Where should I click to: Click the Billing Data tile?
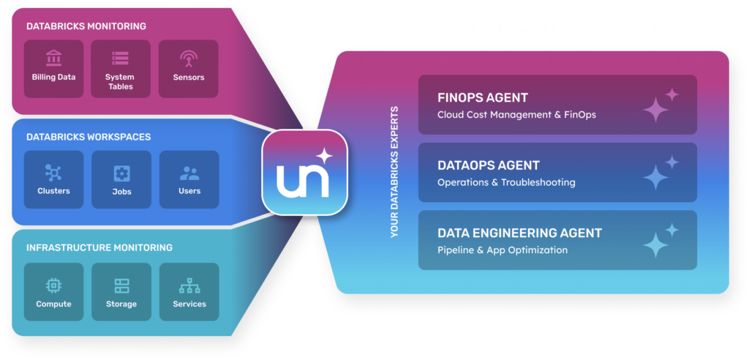pyautogui.click(x=53, y=69)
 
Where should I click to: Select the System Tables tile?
pyautogui.click(x=121, y=69)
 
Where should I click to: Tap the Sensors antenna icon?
pyautogui.click(x=189, y=59)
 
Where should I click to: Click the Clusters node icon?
pyautogui.click(x=53, y=173)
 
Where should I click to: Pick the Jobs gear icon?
pyautogui.click(x=122, y=173)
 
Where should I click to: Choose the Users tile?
pyautogui.click(x=189, y=180)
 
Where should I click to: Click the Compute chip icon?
pyautogui.click(x=53, y=285)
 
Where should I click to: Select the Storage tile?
pyautogui.click(x=121, y=292)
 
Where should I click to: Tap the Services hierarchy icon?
pyautogui.click(x=189, y=285)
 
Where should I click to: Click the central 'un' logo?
pyautogui.click(x=305, y=172)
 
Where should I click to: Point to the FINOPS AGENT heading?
pyautogui.click(x=483, y=98)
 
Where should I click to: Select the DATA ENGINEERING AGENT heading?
pyautogui.click(x=520, y=233)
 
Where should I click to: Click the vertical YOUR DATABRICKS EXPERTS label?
pyautogui.click(x=394, y=172)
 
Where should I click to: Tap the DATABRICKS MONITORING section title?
pyautogui.click(x=86, y=26)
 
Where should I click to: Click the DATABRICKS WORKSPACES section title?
pyautogui.click(x=89, y=138)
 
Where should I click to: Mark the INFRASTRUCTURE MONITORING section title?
pyautogui.click(x=99, y=247)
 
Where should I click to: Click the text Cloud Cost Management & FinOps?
pyautogui.click(x=516, y=115)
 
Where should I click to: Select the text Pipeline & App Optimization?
pyautogui.click(x=503, y=250)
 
